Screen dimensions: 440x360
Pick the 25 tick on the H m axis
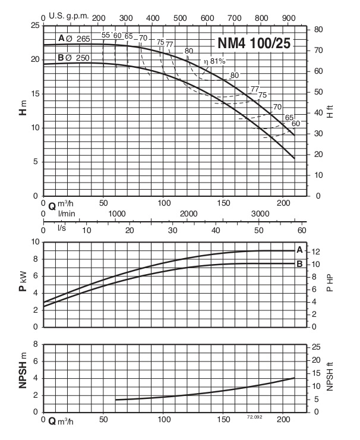34,26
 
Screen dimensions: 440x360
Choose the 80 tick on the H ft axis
318,29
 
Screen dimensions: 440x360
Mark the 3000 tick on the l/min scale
260,213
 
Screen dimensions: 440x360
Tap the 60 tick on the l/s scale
301,230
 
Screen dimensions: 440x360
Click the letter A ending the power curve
299,249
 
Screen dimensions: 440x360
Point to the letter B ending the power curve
299,263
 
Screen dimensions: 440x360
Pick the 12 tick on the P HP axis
318,251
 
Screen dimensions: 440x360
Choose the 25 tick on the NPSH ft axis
318,347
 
